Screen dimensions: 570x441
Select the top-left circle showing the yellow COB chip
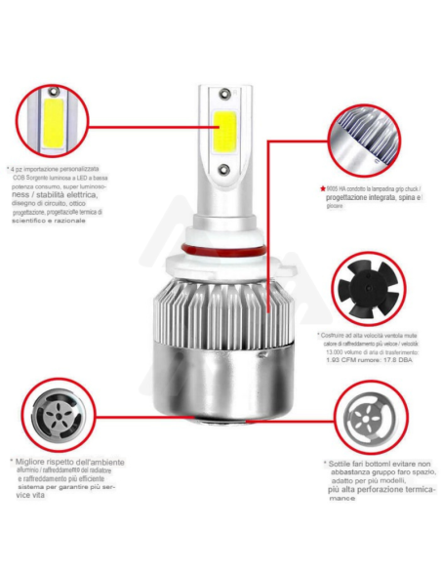click(48, 121)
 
